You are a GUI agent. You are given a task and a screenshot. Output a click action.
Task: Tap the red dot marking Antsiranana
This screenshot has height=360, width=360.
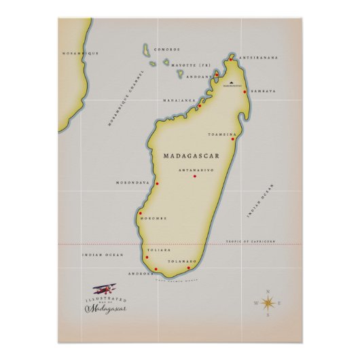coord(231,59)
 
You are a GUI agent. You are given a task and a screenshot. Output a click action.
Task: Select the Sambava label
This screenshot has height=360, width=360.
coord(263,90)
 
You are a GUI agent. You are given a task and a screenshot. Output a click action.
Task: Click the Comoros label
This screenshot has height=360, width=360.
coord(167,49)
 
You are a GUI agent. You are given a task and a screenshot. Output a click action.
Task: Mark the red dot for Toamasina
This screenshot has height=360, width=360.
coord(233,139)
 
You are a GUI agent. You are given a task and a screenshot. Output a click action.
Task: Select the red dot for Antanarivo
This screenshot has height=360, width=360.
coord(195,177)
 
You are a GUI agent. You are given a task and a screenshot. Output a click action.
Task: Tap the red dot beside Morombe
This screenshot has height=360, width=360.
coord(140,213)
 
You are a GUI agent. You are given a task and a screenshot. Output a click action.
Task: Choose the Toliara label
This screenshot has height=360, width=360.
coord(161,250)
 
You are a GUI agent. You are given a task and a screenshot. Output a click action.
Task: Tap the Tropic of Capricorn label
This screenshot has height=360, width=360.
coord(251,241)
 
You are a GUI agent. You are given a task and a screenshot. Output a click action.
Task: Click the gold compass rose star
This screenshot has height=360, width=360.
coord(268,304)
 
